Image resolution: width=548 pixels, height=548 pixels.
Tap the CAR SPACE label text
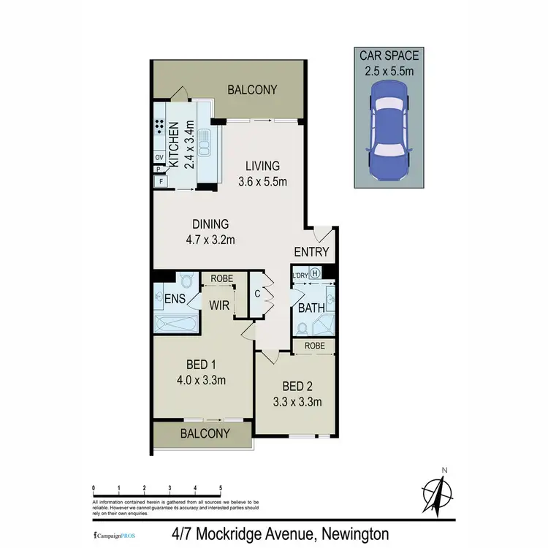click(389, 55)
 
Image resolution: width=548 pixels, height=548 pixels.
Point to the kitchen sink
click(206, 144)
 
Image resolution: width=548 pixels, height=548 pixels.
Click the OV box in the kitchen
click(159, 157)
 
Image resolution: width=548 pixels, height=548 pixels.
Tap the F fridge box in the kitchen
click(159, 181)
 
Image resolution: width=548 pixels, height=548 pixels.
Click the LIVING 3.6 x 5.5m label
click(262, 173)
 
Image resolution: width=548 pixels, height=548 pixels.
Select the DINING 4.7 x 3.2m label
click(210, 231)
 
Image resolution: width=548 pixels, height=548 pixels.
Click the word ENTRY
click(311, 253)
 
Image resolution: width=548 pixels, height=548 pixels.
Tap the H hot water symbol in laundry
click(316, 274)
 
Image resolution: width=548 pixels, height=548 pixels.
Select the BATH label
click(311, 308)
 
